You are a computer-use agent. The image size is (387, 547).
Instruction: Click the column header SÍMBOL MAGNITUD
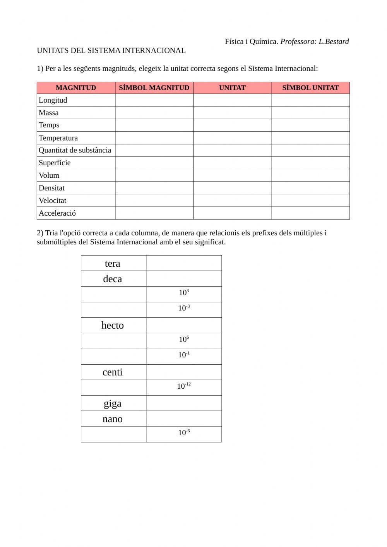[154, 88]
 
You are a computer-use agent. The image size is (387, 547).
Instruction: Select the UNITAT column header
[232, 88]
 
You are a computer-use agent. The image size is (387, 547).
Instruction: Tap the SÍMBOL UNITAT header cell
[310, 88]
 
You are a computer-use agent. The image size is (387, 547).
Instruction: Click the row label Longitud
[53, 100]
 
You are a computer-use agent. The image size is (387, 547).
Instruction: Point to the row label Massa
[49, 113]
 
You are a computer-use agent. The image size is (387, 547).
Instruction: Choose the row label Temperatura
[58, 138]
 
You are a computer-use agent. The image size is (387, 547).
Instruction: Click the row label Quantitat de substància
[75, 150]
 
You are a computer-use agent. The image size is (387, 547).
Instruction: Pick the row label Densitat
[51, 188]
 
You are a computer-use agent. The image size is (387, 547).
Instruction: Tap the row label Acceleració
[57, 213]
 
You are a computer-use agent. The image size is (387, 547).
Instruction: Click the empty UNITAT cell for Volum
[232, 175]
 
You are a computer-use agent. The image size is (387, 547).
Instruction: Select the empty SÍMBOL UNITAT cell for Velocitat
[310, 201]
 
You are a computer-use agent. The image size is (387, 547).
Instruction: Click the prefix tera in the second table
[113, 264]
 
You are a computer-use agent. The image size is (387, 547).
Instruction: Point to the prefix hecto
[113, 326]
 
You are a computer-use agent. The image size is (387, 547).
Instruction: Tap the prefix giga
[113, 403]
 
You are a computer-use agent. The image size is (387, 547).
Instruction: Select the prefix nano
[113, 419]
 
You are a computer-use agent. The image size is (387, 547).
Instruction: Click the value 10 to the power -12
[184, 386]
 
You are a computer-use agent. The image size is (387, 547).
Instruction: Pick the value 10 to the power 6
[184, 340]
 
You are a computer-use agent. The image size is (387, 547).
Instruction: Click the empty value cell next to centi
[184, 372]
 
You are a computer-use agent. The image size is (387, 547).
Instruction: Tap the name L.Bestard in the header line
[334, 42]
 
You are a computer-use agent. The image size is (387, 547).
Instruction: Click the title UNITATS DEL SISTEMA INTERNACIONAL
[111, 51]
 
